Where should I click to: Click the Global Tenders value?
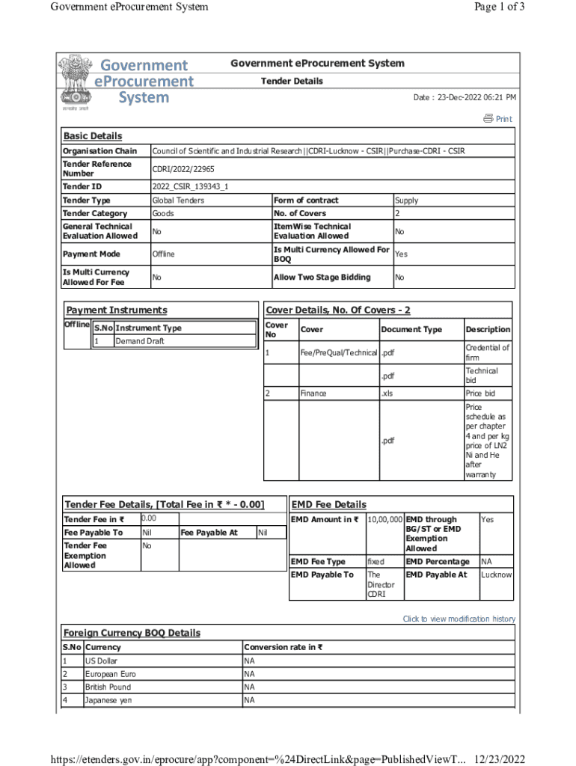178,200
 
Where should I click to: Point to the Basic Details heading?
92,136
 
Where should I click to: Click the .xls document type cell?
388,393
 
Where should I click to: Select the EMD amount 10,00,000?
384,519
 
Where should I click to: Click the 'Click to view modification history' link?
459,619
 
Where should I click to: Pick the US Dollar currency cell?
101,661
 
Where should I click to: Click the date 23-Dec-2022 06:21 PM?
465,98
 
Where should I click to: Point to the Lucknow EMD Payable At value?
496,574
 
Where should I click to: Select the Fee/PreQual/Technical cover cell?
338,352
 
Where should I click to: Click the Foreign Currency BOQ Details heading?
132,633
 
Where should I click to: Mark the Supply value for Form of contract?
406,200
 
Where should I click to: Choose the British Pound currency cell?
108,687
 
